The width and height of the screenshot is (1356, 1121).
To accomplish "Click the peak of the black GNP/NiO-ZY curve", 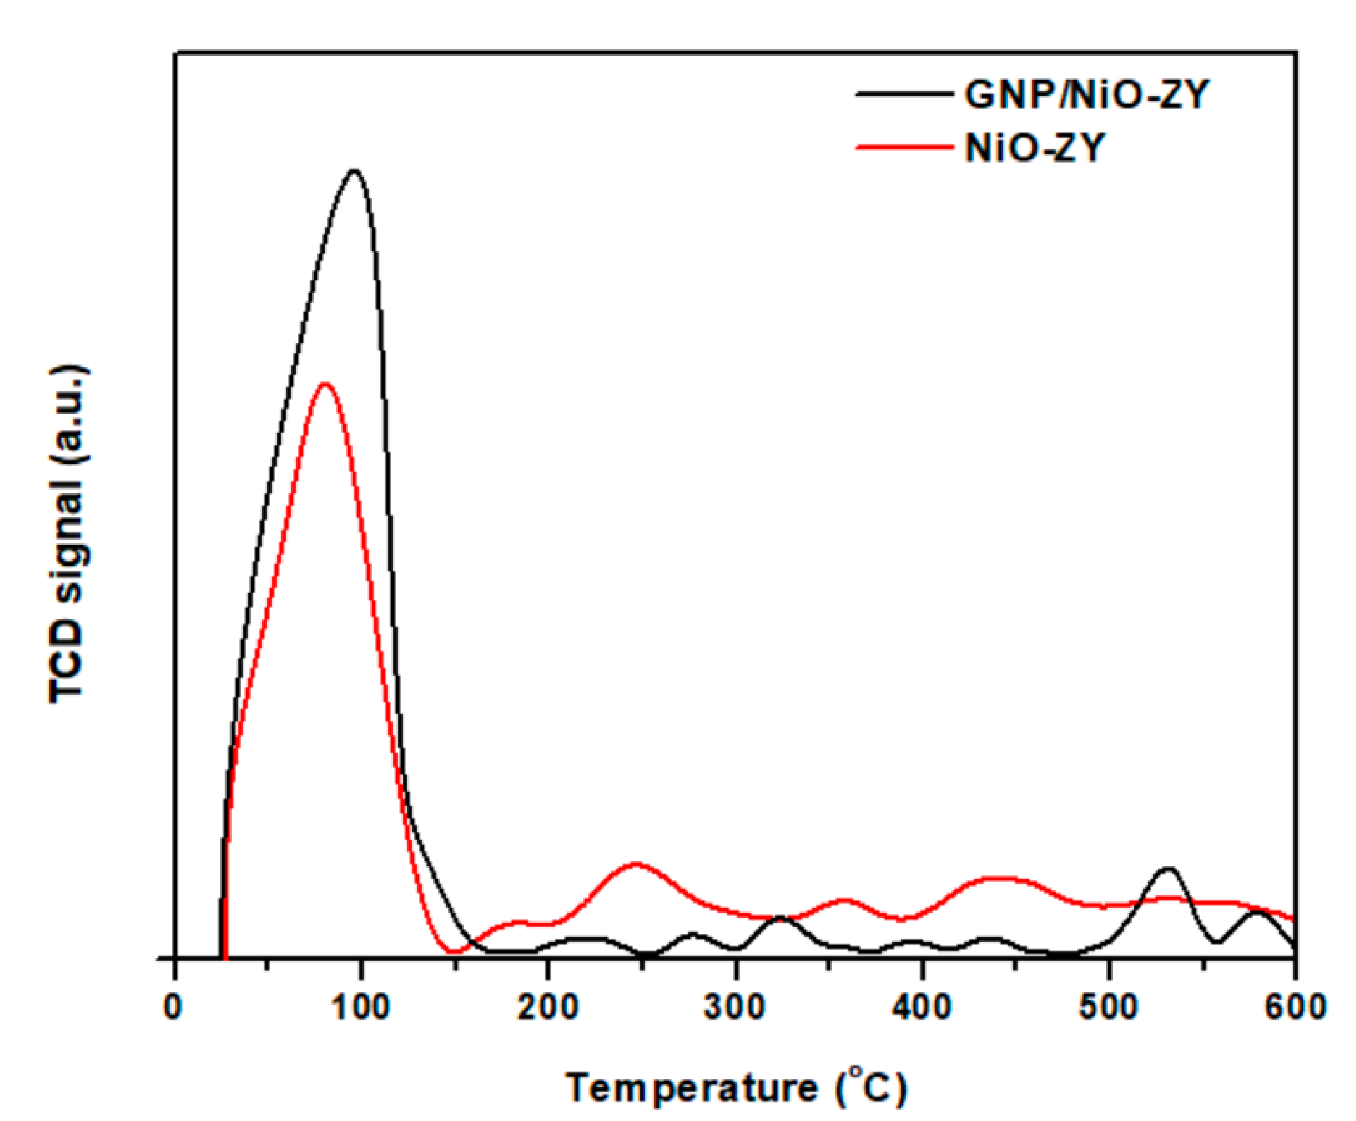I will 354,171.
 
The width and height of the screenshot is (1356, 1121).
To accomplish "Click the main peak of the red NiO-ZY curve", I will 324,384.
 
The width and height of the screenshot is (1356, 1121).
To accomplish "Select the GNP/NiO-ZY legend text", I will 1086,94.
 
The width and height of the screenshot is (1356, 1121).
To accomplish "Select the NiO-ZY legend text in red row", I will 1034,148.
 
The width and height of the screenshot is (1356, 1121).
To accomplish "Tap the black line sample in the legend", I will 904,94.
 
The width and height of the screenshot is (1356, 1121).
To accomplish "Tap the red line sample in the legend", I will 904,147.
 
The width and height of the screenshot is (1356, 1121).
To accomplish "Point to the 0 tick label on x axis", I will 174,1007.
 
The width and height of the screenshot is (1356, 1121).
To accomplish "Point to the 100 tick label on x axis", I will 360,1007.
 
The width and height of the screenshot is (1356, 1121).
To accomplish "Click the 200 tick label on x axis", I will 547,1007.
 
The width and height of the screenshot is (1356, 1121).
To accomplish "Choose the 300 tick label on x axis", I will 735,1007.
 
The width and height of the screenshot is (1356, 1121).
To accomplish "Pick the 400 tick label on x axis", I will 921,1007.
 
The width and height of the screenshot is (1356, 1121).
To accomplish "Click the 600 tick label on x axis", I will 1295,1007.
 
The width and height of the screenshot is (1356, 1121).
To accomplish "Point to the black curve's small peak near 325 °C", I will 780,918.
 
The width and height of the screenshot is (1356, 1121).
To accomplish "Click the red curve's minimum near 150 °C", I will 456,951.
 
